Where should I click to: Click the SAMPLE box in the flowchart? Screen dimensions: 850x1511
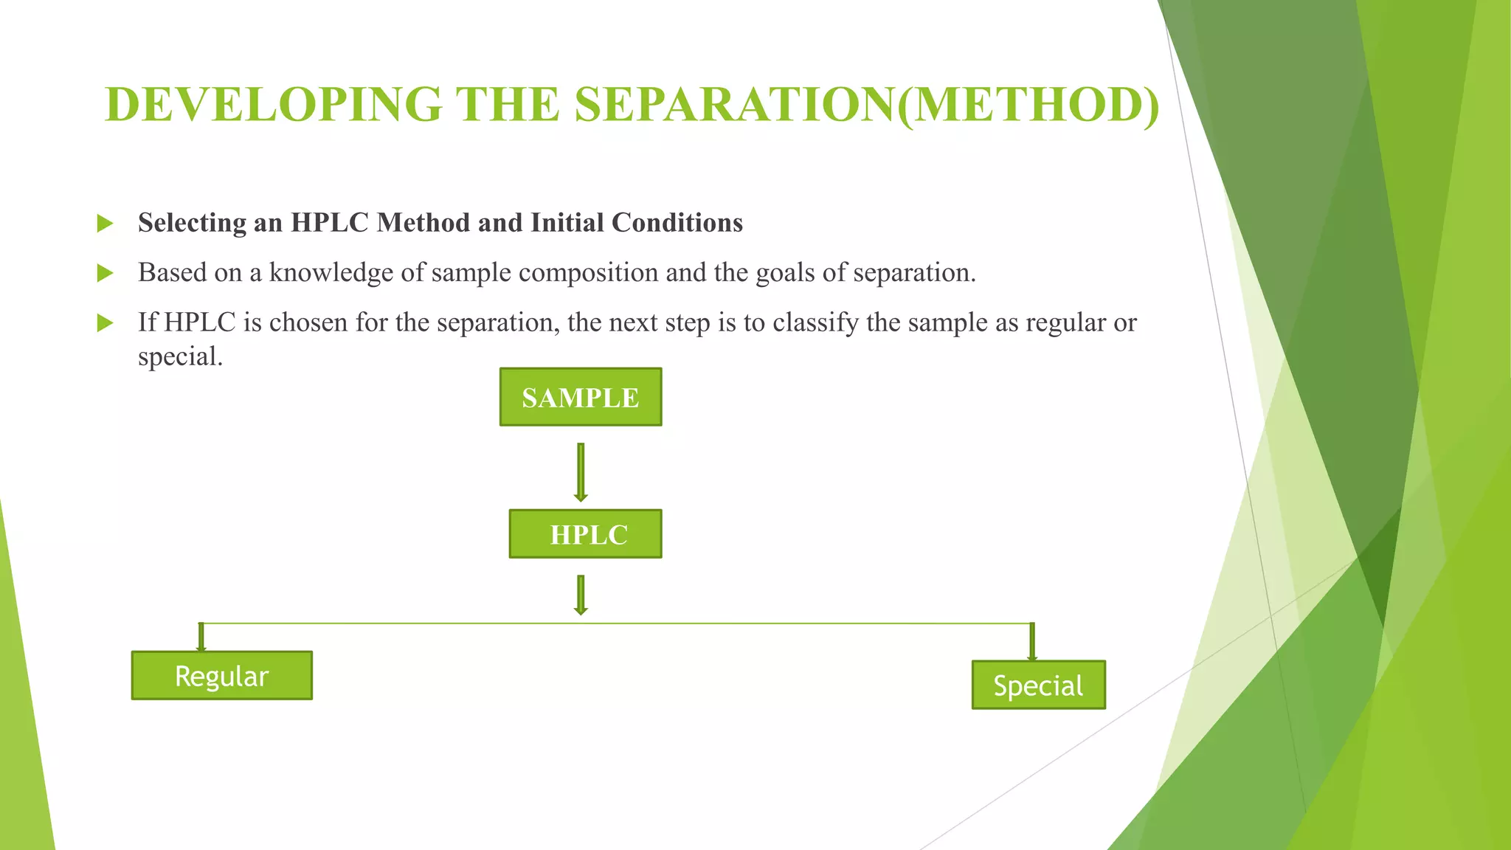(x=581, y=397)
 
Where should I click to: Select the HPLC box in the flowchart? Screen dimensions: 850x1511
(x=586, y=533)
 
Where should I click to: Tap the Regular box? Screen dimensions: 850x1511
(x=221, y=675)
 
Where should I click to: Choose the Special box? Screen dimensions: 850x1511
(x=1038, y=685)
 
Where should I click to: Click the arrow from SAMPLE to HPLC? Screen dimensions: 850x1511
(x=581, y=472)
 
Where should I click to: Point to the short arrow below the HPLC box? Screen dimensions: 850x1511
(x=581, y=595)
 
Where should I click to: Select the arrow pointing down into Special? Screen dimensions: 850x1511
(x=1031, y=642)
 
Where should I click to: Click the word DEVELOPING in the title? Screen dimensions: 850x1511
(x=274, y=105)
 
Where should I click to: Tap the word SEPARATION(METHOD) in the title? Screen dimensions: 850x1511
(x=867, y=105)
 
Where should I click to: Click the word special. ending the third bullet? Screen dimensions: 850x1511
(x=180, y=357)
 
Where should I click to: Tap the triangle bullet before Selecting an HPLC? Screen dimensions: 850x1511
(x=106, y=224)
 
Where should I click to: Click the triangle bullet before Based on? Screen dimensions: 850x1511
(x=106, y=274)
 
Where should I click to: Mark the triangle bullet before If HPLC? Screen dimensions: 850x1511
(x=106, y=323)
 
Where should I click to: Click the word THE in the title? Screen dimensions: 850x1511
(x=508, y=105)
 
